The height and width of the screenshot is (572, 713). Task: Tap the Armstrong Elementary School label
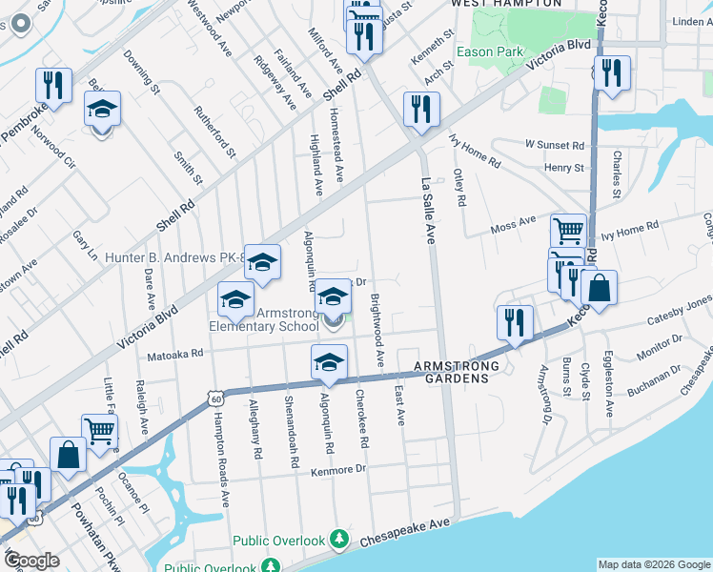[x=265, y=318]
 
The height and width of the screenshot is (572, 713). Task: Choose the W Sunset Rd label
[x=554, y=146]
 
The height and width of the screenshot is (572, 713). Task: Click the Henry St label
[x=563, y=168]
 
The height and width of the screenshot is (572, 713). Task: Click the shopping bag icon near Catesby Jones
[x=599, y=288]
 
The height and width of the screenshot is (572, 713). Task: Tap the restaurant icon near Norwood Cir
[x=54, y=86]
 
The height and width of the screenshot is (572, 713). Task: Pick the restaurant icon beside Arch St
[x=420, y=108]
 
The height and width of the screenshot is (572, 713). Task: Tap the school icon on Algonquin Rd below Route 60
[x=329, y=362]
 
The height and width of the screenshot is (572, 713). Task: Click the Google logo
[x=31, y=561]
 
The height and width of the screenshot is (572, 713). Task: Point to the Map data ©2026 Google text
[x=653, y=564]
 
